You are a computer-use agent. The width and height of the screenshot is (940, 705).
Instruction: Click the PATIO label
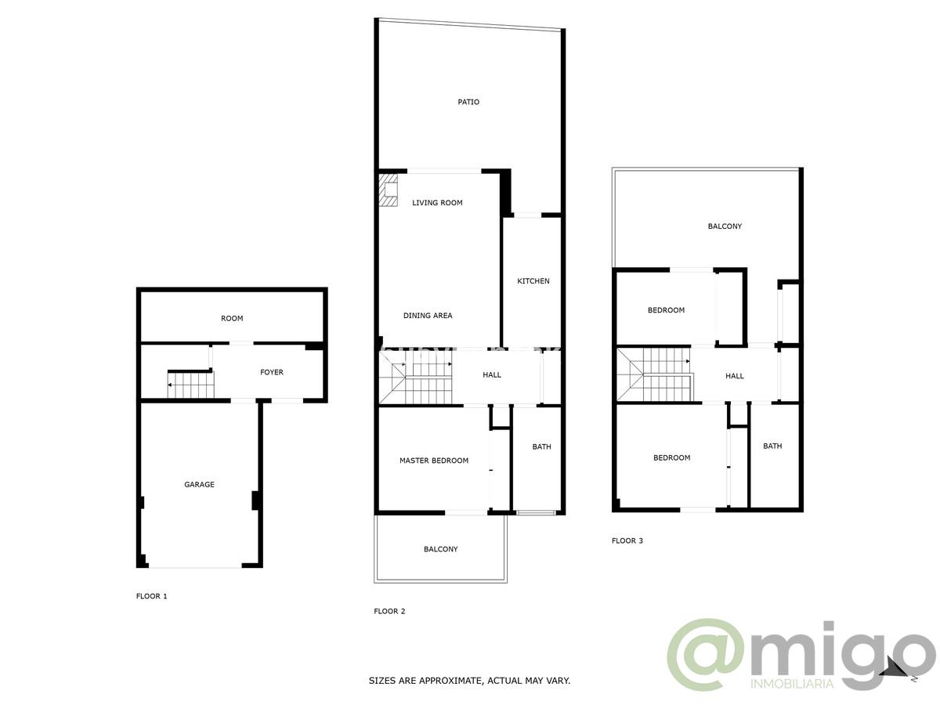click(x=468, y=102)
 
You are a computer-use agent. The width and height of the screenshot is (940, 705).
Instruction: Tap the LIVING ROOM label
click(x=437, y=203)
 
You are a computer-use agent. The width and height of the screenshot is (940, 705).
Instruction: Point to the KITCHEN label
click(x=533, y=281)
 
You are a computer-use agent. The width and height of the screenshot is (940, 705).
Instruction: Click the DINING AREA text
click(x=428, y=316)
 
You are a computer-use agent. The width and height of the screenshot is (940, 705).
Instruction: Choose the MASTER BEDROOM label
click(x=433, y=461)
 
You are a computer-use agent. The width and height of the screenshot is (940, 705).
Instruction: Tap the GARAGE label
click(x=199, y=485)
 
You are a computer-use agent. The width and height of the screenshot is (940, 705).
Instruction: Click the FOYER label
click(x=272, y=372)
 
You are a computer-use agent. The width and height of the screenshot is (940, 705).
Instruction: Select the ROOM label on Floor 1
click(x=232, y=318)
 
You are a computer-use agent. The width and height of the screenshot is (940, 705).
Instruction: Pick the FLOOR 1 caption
click(x=151, y=596)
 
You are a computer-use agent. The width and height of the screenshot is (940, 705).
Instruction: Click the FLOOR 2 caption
click(x=389, y=611)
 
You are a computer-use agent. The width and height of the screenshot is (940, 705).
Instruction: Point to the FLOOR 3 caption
click(x=627, y=540)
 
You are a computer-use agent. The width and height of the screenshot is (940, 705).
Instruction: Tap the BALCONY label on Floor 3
click(x=725, y=226)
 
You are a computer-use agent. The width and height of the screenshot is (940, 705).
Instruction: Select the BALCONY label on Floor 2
click(x=440, y=549)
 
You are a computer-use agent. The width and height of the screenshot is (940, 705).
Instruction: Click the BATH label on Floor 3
click(x=772, y=446)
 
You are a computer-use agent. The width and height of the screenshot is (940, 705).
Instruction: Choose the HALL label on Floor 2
click(x=492, y=375)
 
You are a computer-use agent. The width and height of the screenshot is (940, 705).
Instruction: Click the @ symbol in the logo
click(x=704, y=655)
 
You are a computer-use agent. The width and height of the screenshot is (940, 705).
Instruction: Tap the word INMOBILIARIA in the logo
click(x=791, y=685)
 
